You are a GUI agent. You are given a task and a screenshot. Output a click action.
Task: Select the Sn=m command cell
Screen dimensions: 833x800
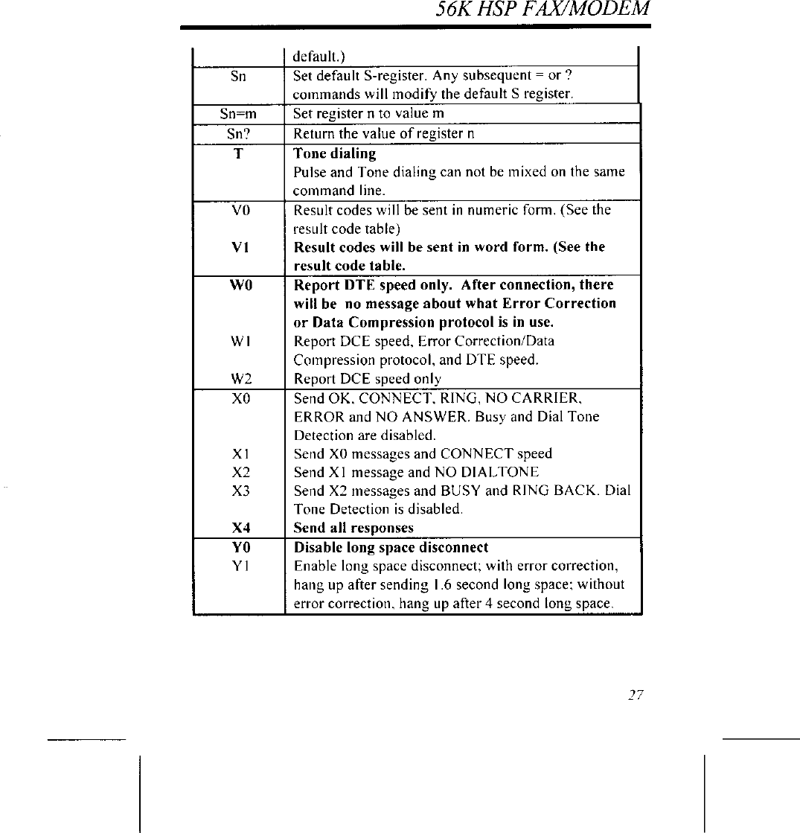pyautogui.click(x=238, y=115)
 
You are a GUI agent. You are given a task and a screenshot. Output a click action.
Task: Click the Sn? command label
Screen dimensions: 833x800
pyautogui.click(x=238, y=134)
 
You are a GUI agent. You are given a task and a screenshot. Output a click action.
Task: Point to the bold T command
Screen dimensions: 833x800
pyautogui.click(x=239, y=153)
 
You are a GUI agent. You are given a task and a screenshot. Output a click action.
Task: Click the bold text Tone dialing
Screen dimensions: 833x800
pyautogui.click(x=335, y=153)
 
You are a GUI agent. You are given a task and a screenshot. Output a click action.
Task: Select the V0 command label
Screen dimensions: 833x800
pyautogui.click(x=239, y=210)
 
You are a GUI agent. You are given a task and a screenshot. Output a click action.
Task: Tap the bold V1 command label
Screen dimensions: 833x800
pyautogui.click(x=239, y=247)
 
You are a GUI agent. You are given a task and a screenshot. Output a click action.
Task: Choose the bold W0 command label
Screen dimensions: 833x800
pyautogui.click(x=239, y=285)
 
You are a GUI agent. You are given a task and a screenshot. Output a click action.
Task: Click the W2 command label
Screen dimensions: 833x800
pyautogui.click(x=239, y=379)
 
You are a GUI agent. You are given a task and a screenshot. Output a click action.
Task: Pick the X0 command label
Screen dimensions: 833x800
pyautogui.click(x=239, y=398)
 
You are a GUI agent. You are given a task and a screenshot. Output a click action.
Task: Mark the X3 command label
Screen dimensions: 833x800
pyautogui.click(x=239, y=491)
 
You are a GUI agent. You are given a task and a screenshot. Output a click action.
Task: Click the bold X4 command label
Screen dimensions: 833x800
pyautogui.click(x=239, y=529)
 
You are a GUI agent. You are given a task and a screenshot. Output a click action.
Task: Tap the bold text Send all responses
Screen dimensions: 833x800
pyautogui.click(x=353, y=529)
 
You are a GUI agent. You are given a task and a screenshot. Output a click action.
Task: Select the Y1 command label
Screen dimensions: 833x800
pyautogui.click(x=239, y=566)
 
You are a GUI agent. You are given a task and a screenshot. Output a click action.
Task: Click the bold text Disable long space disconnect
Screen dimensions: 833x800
pyautogui.click(x=391, y=547)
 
